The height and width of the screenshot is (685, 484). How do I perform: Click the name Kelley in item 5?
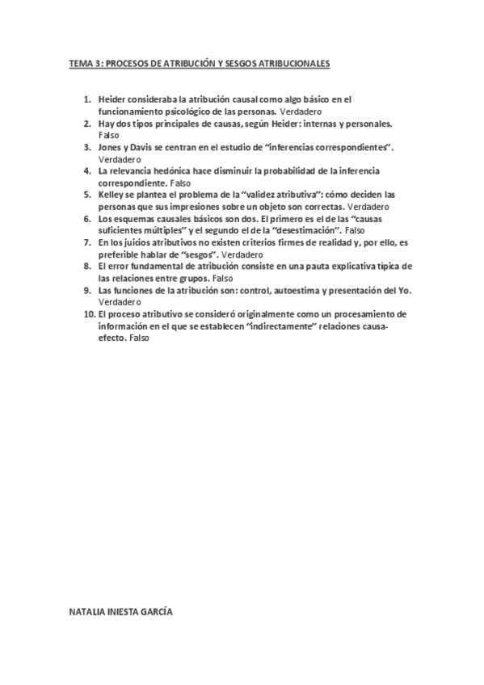pos(111,195)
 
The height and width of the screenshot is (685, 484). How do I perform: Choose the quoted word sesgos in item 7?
pos(181,254)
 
